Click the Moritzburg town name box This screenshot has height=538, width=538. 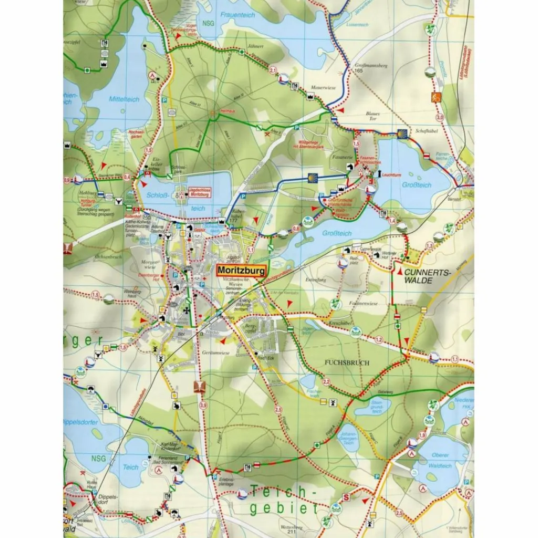[x=241, y=270]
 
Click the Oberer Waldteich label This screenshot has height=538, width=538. [x=440, y=461]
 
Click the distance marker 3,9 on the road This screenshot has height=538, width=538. [x=203, y=404]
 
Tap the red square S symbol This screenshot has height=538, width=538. [x=346, y=498]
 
